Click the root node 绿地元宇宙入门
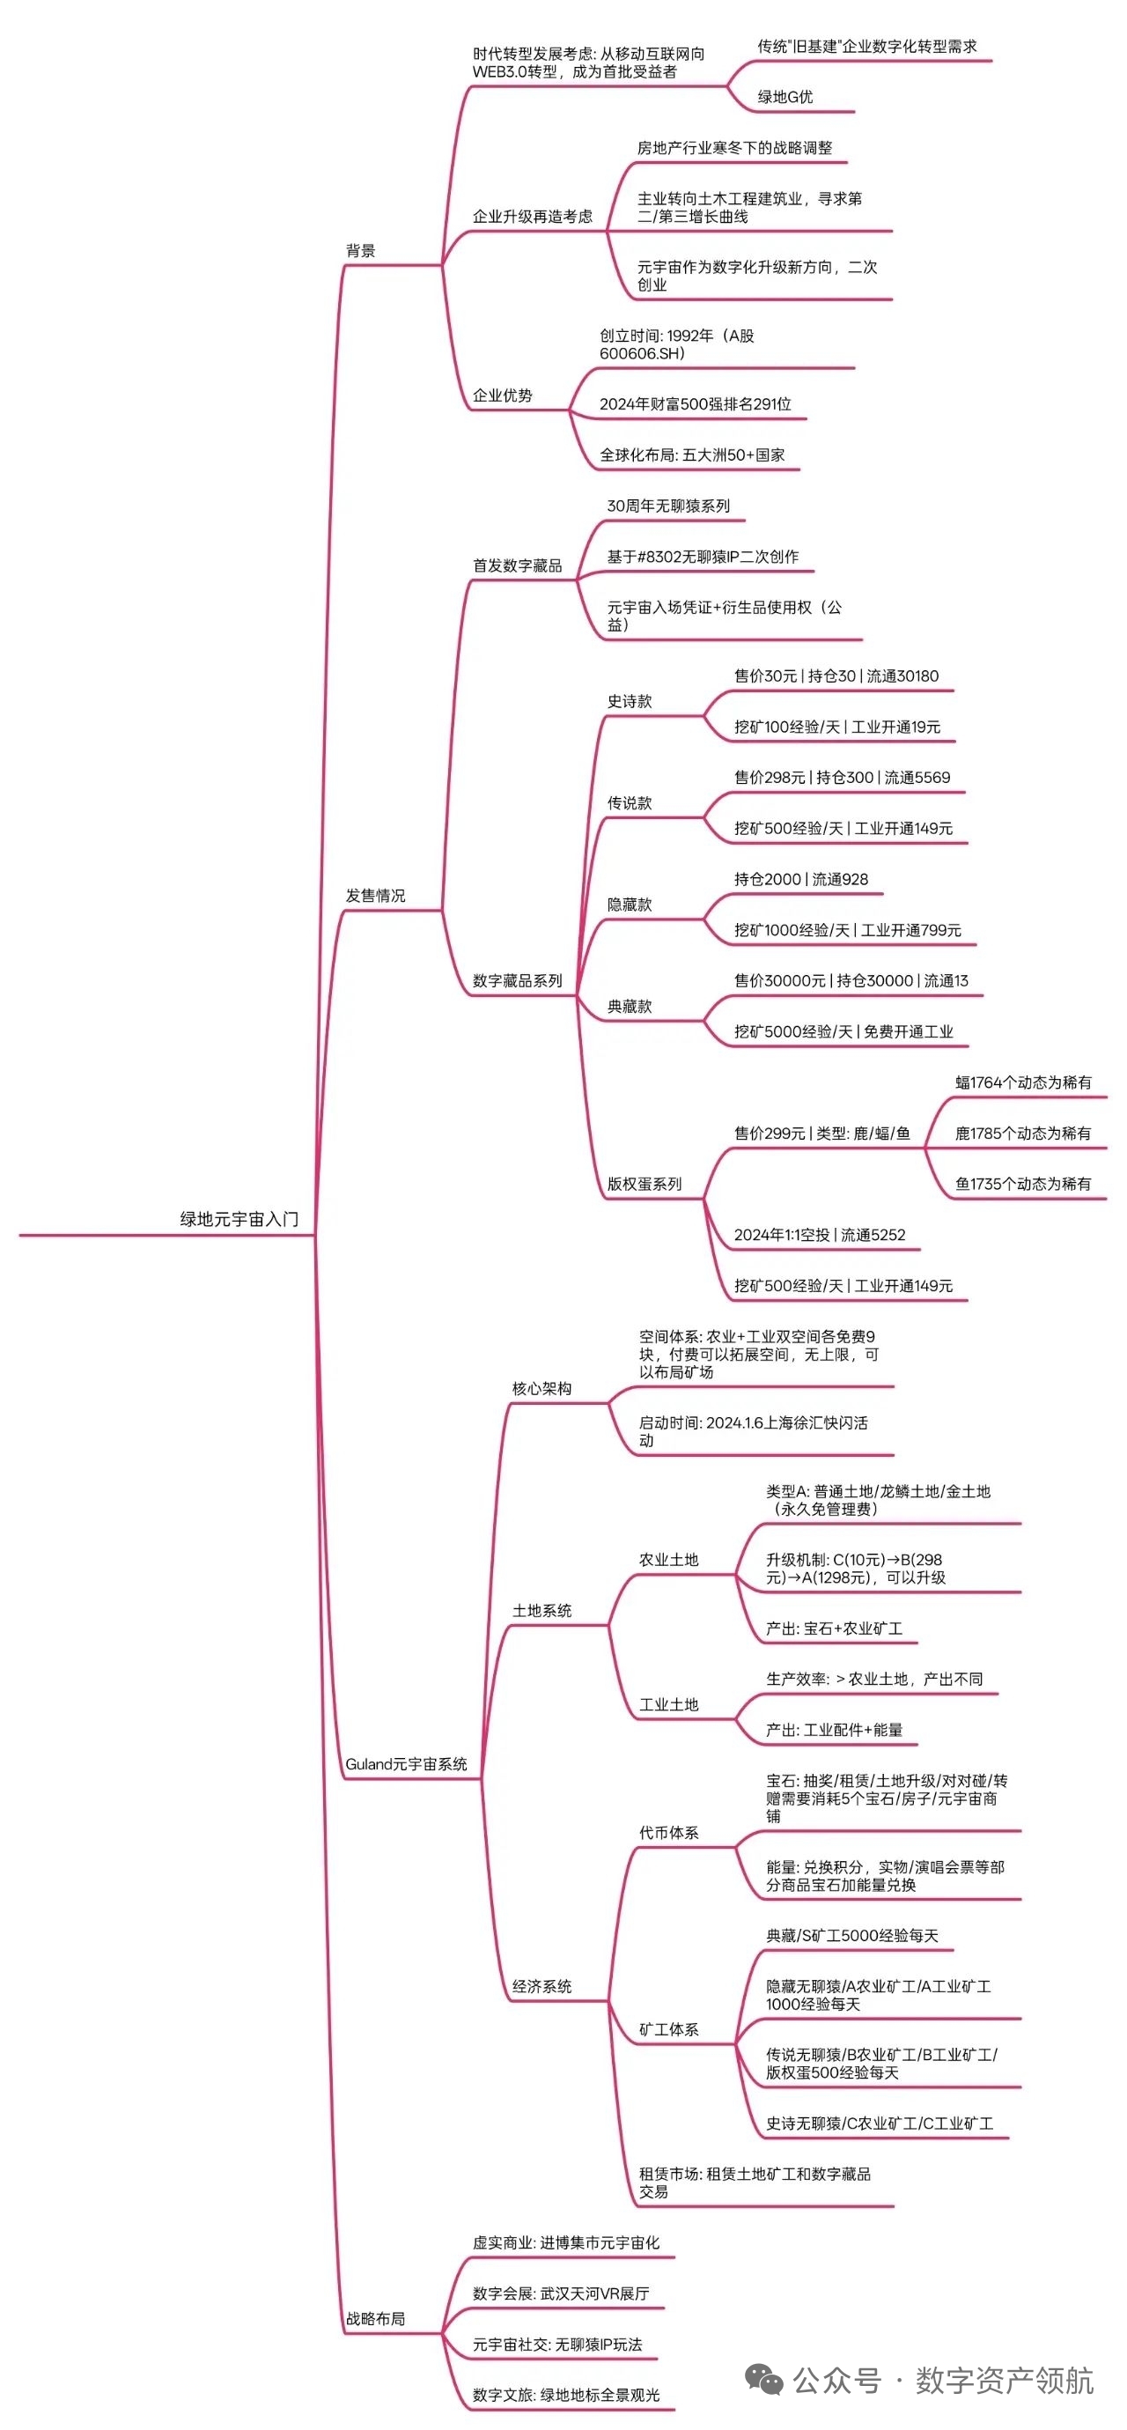pos(239,1219)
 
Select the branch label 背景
pos(360,250)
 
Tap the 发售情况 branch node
pos(375,895)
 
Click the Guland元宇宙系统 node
pos(407,1763)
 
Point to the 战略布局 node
pos(375,2318)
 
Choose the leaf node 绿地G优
pos(785,96)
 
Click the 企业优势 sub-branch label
pos(503,395)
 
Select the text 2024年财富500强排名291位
pos(695,403)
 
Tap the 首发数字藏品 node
pos(518,565)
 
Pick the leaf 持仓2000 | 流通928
pos(801,879)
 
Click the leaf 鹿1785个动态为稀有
pos(1023,1133)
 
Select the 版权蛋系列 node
pos(645,1183)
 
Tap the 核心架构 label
pos(542,1388)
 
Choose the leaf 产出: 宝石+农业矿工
pos(835,1629)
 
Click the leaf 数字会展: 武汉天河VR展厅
pos(561,2293)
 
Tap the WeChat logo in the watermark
pos(765,2381)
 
